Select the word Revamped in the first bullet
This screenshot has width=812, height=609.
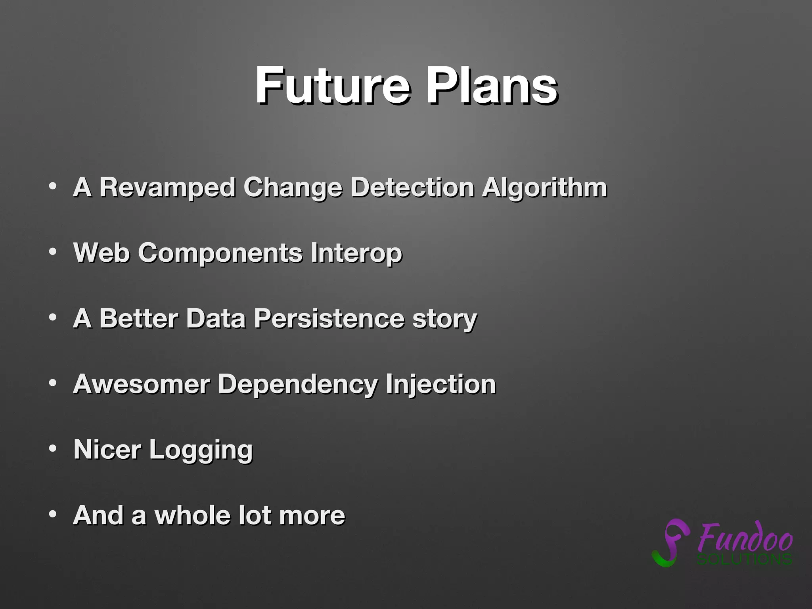(x=167, y=187)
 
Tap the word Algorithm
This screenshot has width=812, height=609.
(x=544, y=188)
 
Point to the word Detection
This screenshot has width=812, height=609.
(x=412, y=187)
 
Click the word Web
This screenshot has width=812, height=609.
(x=101, y=253)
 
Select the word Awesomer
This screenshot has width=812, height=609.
(x=142, y=384)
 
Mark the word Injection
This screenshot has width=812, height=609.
(x=440, y=385)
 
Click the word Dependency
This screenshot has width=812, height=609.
(x=298, y=385)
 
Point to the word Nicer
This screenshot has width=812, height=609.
(x=107, y=450)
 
